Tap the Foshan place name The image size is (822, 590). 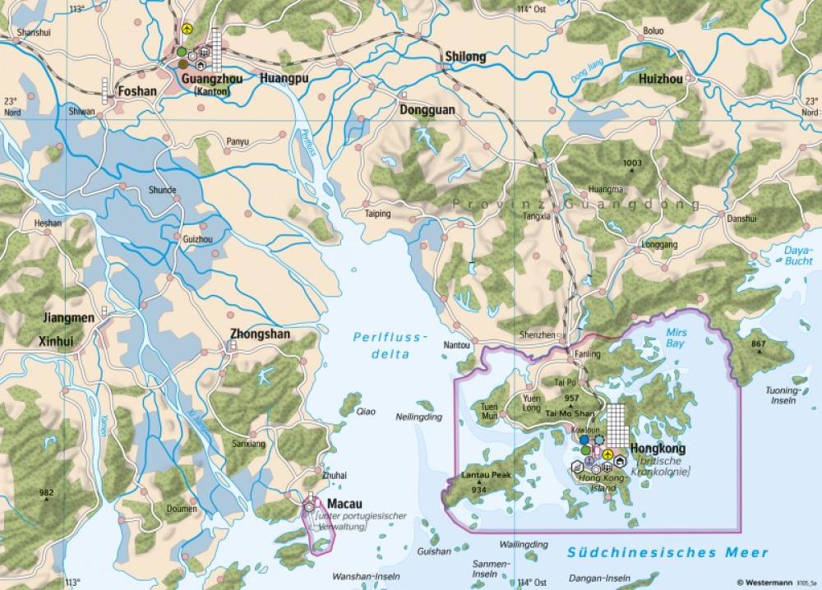click(137, 91)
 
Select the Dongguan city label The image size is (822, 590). click(427, 108)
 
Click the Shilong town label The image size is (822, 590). click(465, 58)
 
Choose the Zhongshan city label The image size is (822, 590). click(261, 336)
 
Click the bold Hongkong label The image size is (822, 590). click(656, 449)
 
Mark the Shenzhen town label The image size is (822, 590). click(538, 335)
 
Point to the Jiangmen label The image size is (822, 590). click(68, 317)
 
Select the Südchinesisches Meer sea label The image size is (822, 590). click(668, 553)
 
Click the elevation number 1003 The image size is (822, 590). click(632, 164)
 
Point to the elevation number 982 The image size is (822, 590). click(47, 492)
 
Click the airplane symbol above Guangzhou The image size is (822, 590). click(188, 29)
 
